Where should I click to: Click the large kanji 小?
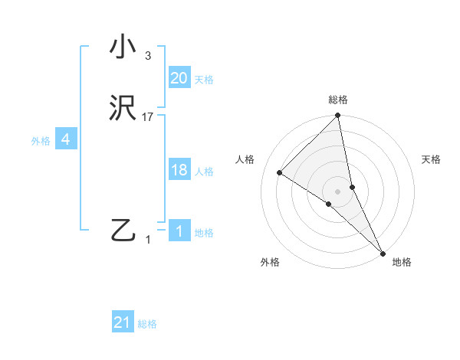coord(123,47)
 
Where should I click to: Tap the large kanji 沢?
coord(123,108)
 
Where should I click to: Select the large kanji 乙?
coord(123,230)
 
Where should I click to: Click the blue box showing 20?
coord(179,78)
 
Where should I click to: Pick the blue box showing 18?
coord(179,170)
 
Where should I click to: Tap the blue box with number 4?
coord(66,139)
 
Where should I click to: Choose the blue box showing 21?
coord(123,322)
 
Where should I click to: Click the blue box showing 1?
coord(179,231)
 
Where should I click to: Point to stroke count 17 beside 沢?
coord(148,117)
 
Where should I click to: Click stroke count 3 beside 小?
coord(148,56)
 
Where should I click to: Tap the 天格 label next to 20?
coord(204,80)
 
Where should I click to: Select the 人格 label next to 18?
coord(204,172)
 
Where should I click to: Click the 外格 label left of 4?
coord(41,141)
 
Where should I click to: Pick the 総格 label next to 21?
coord(147,324)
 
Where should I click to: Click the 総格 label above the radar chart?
coord(338,100)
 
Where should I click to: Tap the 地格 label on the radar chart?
coord(402,262)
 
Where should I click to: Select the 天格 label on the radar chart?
coord(432,159)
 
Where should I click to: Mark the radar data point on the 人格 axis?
coord(280,172)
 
